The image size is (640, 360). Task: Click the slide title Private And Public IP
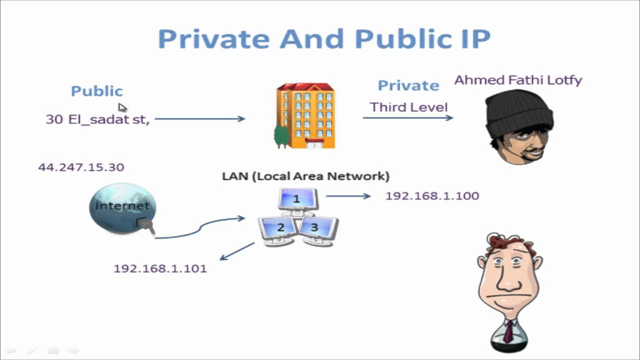[324, 39]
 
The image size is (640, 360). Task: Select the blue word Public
[96, 91]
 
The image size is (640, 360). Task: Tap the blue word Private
[408, 85]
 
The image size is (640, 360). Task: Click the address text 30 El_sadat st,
[97, 119]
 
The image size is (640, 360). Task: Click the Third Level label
[408, 107]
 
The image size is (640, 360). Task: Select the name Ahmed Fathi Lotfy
[518, 80]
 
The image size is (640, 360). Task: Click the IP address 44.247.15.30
[81, 167]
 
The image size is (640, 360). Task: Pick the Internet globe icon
[122, 207]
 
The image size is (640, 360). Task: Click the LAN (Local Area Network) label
[305, 176]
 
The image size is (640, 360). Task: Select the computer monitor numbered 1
[297, 199]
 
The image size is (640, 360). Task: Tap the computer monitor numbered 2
[278, 228]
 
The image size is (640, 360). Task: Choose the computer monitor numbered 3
[316, 229]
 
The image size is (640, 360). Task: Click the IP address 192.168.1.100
[432, 195]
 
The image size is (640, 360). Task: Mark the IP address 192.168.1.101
[160, 268]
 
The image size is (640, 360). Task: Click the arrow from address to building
[199, 119]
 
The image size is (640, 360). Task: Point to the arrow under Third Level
[407, 118]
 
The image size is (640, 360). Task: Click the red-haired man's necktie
[508, 332]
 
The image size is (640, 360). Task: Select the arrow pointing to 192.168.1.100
[348, 196]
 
